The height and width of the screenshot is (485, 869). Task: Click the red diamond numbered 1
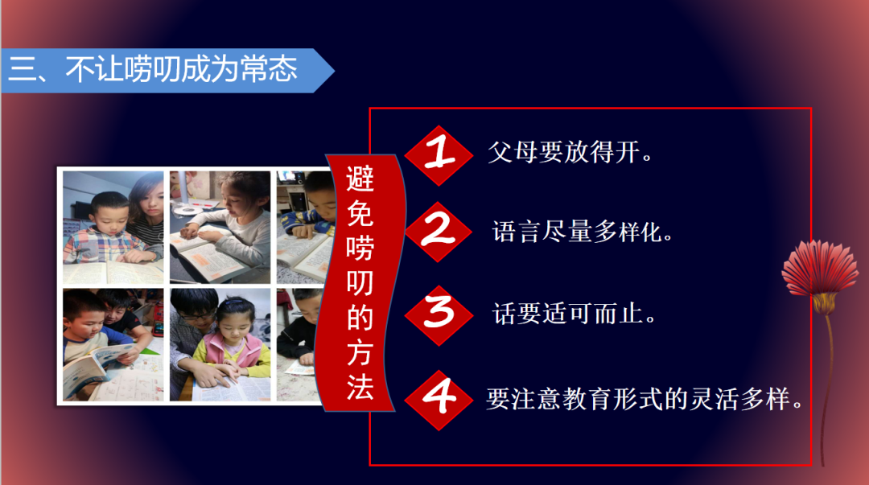point(439,154)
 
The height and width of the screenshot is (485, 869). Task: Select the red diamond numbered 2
point(439,232)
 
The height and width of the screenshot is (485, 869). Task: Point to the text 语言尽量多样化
point(583,232)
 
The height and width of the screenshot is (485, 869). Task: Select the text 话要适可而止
point(575,313)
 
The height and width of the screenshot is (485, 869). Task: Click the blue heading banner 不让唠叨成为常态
point(161,70)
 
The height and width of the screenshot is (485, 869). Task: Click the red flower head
point(821,269)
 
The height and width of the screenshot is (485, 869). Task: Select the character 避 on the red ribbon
point(360,179)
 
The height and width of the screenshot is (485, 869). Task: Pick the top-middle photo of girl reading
point(220,227)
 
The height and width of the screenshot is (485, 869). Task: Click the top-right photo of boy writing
point(304,227)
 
